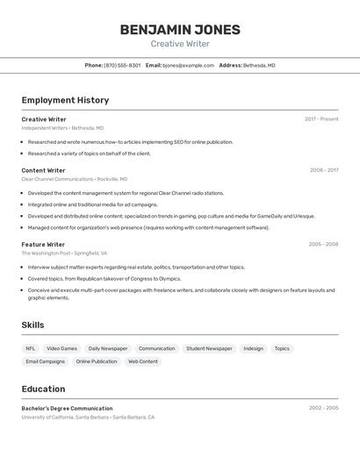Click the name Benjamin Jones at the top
(x=179, y=30)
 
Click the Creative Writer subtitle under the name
(x=179, y=44)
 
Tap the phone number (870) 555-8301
(x=122, y=65)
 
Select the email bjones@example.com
(x=188, y=65)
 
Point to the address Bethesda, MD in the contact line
(x=259, y=65)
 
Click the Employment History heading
(x=65, y=100)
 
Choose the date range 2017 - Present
(x=321, y=119)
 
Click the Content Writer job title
(x=43, y=170)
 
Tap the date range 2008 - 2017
(x=324, y=170)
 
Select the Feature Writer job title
(x=43, y=245)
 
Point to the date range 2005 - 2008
(x=323, y=245)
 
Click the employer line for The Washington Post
(x=64, y=253)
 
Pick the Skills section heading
(x=32, y=325)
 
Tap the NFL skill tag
(x=31, y=348)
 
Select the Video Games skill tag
(x=61, y=348)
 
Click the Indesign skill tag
(x=253, y=348)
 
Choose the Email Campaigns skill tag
(x=45, y=361)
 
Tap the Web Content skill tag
(x=143, y=361)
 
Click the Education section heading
(x=43, y=389)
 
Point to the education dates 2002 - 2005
(x=323, y=408)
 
